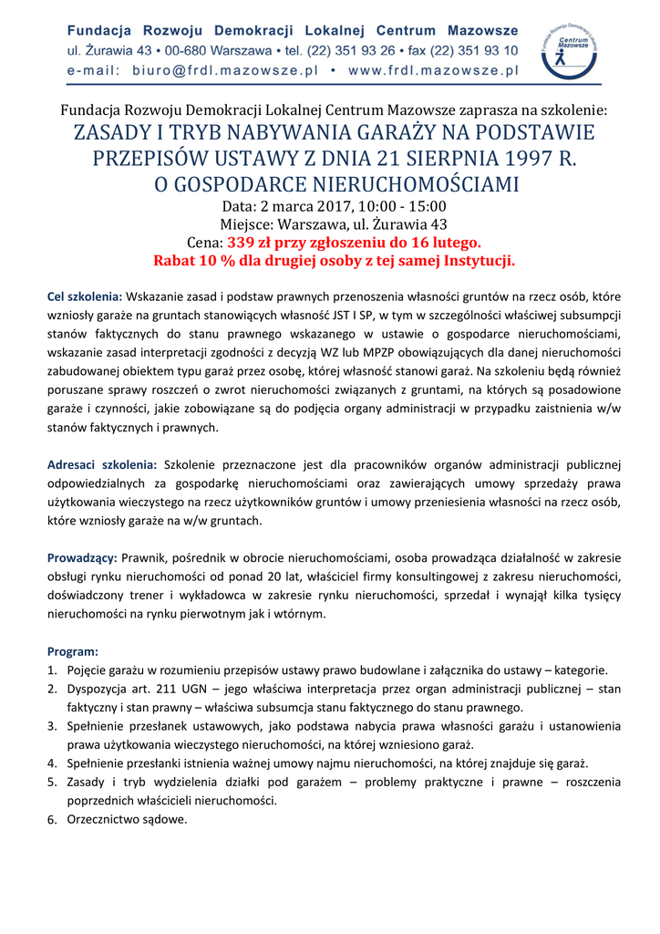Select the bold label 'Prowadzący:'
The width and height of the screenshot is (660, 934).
click(82, 556)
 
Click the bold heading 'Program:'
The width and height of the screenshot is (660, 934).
click(73, 652)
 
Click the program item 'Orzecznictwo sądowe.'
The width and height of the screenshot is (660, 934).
click(127, 819)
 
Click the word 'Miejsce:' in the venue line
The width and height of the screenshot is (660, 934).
click(249, 224)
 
